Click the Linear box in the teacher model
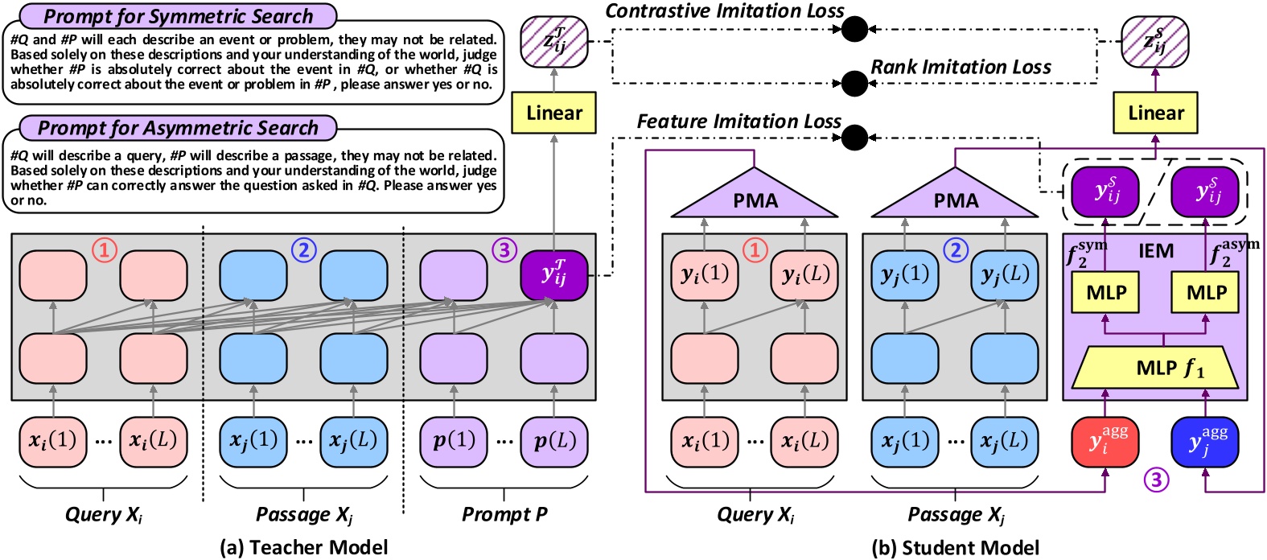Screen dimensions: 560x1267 click(x=554, y=113)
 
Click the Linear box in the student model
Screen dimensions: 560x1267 click(x=1155, y=113)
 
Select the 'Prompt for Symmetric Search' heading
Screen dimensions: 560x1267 click(x=178, y=16)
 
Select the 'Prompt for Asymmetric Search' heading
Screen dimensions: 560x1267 click(x=178, y=128)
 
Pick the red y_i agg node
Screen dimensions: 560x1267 click(x=1105, y=442)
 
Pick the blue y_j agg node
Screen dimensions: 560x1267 click(x=1205, y=442)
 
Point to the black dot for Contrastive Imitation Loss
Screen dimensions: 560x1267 click(x=854, y=30)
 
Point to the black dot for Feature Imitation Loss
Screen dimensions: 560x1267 click(x=854, y=138)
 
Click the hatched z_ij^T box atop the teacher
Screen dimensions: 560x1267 click(x=554, y=40)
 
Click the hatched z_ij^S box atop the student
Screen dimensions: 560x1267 click(x=1155, y=40)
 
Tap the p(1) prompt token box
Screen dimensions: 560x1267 click(x=454, y=441)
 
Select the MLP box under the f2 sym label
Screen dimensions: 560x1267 click(x=1106, y=292)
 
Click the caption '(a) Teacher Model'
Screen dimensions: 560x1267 click(x=304, y=548)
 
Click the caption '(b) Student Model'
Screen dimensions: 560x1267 click(x=955, y=548)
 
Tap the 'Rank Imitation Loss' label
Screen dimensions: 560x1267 click(x=961, y=68)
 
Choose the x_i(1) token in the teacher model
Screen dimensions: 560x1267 click(x=53, y=441)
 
